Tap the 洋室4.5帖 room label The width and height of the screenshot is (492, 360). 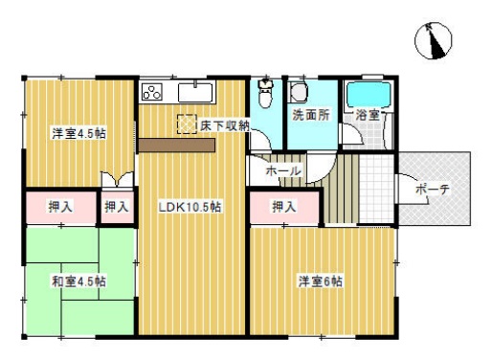(x=78, y=133)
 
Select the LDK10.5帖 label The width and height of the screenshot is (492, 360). (x=190, y=206)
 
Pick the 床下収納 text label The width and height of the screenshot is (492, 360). (x=225, y=125)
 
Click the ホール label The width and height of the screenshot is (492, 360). (x=283, y=170)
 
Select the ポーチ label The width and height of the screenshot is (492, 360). (x=434, y=190)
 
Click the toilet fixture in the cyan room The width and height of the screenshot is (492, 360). (x=267, y=95)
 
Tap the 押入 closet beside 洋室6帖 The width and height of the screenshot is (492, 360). (x=282, y=207)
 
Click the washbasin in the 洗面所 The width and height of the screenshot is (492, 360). (x=299, y=92)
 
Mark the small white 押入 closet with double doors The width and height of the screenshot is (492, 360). (x=117, y=206)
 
